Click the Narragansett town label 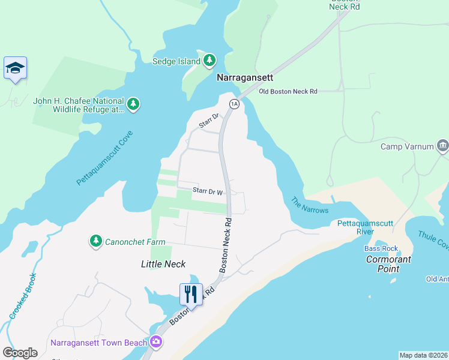tap(244, 78)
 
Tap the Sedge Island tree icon tap(209, 60)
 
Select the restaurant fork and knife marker tap(191, 295)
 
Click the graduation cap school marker tap(14, 68)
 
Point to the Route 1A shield tap(234, 104)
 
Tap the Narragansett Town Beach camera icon tap(156, 341)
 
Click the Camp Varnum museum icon tap(442, 146)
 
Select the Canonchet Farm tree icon tap(95, 241)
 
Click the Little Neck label tap(163, 264)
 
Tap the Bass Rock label tap(381, 248)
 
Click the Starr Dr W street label tap(208, 191)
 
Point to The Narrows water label tap(310, 205)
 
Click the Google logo tap(20, 352)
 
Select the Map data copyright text tap(423, 355)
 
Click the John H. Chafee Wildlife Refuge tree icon tap(133, 105)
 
